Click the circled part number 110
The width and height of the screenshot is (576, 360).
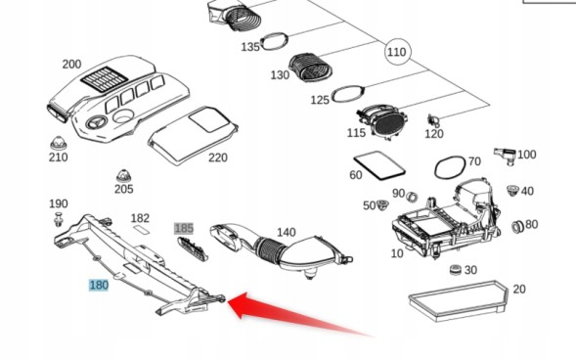pos(396,52)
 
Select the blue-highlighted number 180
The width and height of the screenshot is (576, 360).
pos(99,285)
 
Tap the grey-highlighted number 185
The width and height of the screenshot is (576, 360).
pos(184,228)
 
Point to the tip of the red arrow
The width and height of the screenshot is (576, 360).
pos(231,301)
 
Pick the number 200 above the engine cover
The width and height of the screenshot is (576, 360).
pos(71,65)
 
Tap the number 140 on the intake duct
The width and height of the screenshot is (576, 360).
pos(286,232)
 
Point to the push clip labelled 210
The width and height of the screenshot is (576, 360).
pos(58,141)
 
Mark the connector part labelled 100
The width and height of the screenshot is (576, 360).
pos(505,154)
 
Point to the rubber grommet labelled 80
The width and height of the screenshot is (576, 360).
pos(517,227)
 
